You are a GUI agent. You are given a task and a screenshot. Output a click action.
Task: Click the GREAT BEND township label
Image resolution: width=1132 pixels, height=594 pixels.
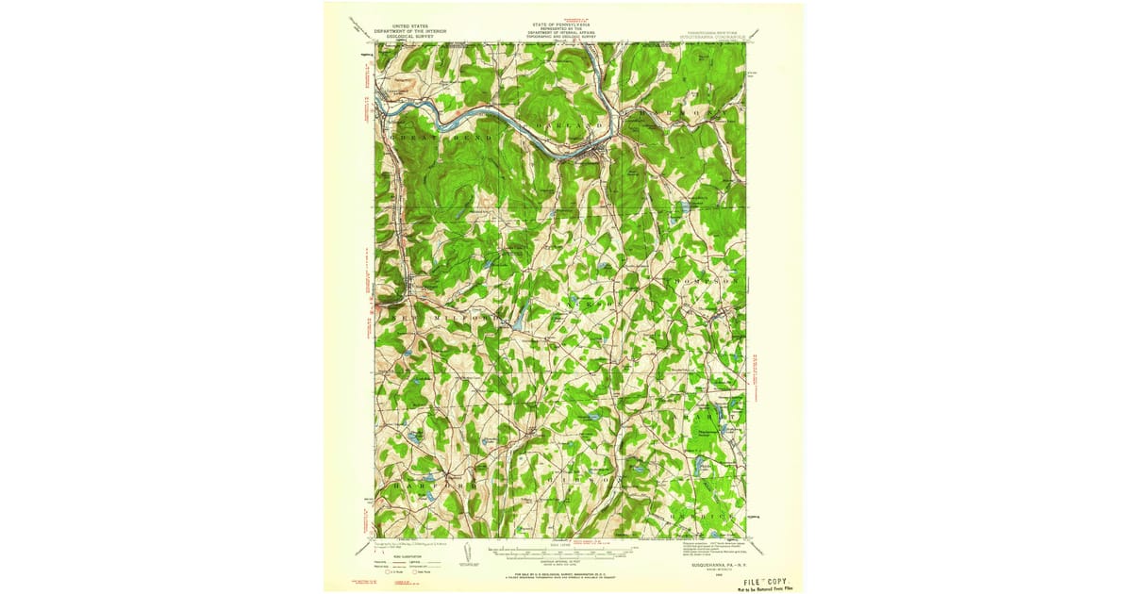[436, 138]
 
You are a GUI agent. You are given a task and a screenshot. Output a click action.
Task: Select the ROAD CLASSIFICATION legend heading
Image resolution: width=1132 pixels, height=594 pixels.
[398, 557]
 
